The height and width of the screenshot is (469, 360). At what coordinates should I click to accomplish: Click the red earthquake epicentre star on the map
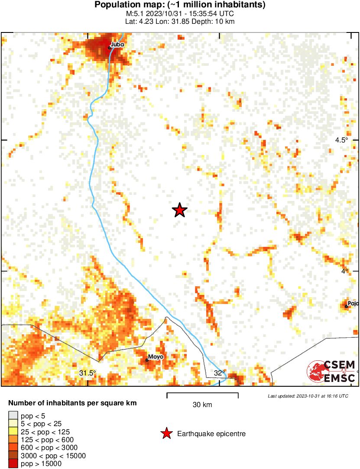[179, 210]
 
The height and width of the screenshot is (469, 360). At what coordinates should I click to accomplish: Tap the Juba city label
[117, 44]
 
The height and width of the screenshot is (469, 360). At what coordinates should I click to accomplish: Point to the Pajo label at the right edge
[353, 304]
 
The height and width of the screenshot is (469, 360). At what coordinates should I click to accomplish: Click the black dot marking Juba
[110, 48]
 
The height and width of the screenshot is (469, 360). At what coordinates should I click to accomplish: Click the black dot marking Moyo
[147, 360]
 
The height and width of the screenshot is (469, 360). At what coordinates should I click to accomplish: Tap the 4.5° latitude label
[342, 140]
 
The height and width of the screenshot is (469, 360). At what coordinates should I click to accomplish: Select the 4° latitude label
[344, 271]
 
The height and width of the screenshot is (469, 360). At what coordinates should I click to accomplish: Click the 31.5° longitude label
[88, 373]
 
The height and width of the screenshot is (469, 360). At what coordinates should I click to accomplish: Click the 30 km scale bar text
[202, 405]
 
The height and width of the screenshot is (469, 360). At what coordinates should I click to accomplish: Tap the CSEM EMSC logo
[331, 372]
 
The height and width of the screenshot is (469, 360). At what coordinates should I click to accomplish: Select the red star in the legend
[165, 433]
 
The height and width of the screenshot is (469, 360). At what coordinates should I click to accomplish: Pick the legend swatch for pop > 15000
[13, 464]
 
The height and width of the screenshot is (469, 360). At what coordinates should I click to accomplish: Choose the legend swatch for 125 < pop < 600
[13, 440]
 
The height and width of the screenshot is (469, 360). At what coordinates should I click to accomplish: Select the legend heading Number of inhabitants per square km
[72, 403]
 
